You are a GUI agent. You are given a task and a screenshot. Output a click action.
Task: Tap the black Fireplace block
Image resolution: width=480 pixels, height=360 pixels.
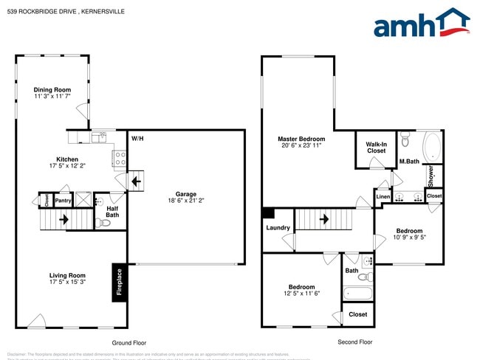pyautogui.click(x=118, y=283)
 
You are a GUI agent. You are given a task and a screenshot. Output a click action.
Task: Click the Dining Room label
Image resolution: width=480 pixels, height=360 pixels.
pyautogui.click(x=52, y=90)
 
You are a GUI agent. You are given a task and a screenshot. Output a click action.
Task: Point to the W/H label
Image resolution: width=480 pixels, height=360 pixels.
pyautogui.click(x=137, y=139)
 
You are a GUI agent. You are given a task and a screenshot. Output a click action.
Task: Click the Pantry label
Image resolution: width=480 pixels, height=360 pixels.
pyautogui.click(x=63, y=200)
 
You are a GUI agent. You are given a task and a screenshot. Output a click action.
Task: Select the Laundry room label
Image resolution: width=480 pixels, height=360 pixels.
pyautogui.click(x=278, y=228)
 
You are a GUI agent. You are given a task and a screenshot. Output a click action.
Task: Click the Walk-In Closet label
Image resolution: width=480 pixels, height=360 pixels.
pyautogui.click(x=377, y=146)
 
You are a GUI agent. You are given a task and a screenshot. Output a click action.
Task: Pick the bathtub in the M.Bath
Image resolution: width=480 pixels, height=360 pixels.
pyautogui.click(x=430, y=147)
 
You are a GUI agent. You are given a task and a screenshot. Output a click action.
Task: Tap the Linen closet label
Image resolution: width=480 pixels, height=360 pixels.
pyautogui.click(x=383, y=197)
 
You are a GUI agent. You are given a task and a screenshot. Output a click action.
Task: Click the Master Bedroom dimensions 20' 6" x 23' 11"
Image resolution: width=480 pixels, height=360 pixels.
pyautogui.click(x=301, y=145)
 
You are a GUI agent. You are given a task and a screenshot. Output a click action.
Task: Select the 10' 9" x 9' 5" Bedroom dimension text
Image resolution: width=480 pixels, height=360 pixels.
pyautogui.click(x=409, y=238)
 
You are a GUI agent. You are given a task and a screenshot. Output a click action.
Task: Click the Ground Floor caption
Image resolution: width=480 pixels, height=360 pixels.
pyautogui.click(x=129, y=343)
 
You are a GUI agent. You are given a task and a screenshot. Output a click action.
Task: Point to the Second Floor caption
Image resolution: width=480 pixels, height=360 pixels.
pyautogui.click(x=354, y=342)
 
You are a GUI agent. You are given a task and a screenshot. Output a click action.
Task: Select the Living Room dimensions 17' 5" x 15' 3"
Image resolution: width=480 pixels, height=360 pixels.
pyautogui.click(x=67, y=282)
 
